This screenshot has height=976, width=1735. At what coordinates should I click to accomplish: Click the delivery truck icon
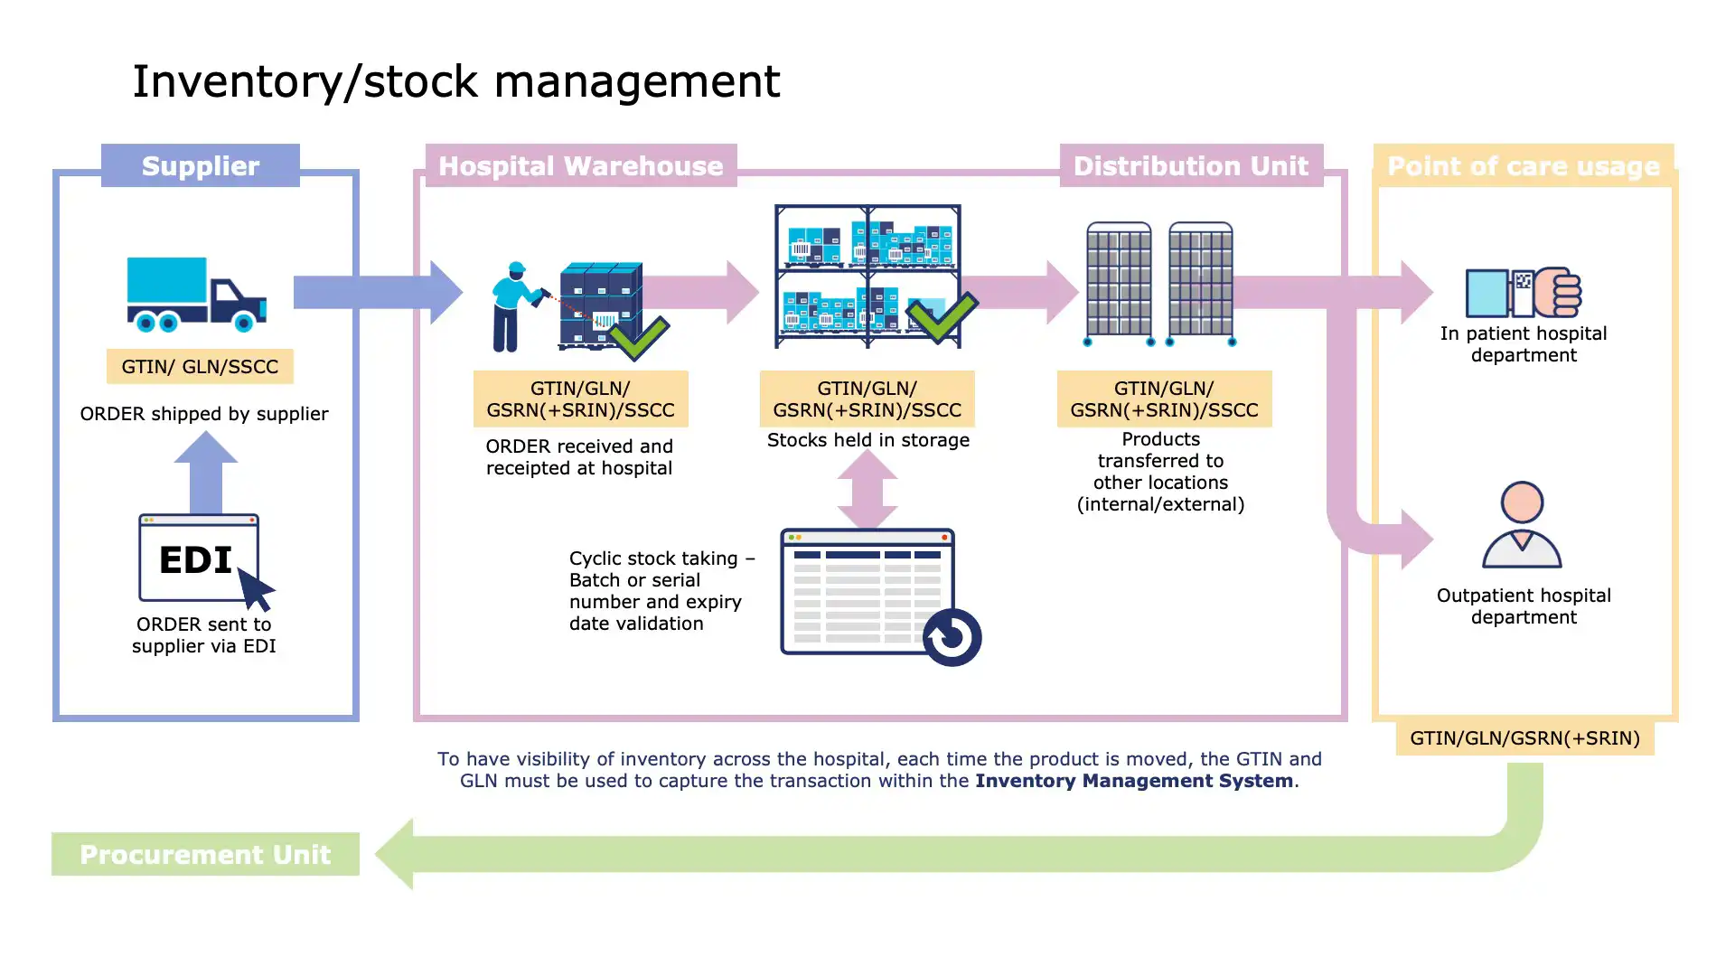[x=196, y=294]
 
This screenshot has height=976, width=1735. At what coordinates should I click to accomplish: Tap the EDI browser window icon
[x=199, y=558]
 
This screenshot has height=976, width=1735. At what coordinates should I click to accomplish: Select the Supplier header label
[x=200, y=165]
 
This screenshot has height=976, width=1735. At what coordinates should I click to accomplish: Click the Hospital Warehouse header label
[x=581, y=165]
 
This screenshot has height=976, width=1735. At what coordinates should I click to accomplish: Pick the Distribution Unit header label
[x=1190, y=165]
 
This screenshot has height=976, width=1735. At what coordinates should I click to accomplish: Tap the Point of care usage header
[x=1523, y=166]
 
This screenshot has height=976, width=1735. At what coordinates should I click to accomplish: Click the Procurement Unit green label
[x=205, y=854]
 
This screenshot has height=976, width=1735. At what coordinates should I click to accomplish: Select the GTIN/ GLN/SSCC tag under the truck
[x=200, y=366]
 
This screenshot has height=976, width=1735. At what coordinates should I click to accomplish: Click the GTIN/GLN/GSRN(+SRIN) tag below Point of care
[x=1524, y=737]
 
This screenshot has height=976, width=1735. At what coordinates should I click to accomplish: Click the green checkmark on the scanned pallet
[x=639, y=337]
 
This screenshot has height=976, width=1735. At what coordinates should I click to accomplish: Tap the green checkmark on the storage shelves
[x=943, y=316]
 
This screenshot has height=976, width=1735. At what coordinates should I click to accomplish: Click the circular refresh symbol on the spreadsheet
[x=952, y=637]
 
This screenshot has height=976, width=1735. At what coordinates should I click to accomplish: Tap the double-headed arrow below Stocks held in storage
[x=867, y=489]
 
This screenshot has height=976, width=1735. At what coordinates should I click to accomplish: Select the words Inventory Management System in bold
[x=1133, y=781]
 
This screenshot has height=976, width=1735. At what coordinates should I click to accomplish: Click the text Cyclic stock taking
[x=653, y=558]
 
